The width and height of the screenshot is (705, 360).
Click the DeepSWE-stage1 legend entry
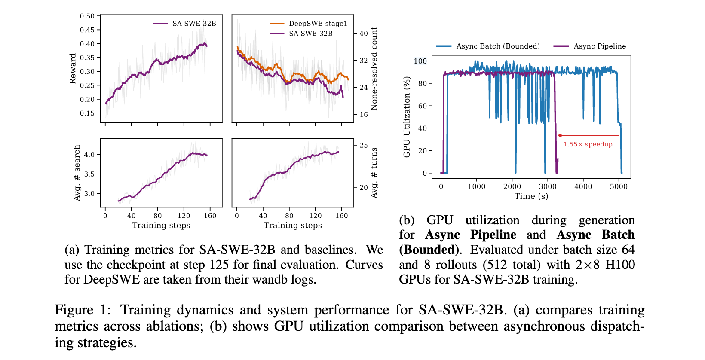[318, 24]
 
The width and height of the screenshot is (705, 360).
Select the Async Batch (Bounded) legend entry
[498, 46]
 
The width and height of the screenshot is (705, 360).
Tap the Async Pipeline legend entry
[600, 46]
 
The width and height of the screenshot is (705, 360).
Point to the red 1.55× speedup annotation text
[588, 144]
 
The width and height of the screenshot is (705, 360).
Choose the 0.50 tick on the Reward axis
[87, 16]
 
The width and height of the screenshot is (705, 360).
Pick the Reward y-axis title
[73, 69]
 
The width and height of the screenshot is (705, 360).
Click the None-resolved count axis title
[374, 69]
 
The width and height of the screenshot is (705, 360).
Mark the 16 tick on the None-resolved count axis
[364, 115]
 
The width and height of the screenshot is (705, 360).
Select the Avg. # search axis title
[77, 173]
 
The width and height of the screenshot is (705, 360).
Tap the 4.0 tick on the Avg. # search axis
[89, 155]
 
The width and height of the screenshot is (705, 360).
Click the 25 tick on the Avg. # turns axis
[364, 146]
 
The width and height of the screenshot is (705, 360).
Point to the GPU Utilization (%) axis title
[407, 117]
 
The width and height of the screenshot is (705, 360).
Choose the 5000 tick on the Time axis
[619, 186]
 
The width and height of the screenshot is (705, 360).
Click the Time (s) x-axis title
[531, 196]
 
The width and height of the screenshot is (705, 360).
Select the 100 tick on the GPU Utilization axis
[420, 61]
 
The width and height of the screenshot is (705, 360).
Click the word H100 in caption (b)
[620, 265]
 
